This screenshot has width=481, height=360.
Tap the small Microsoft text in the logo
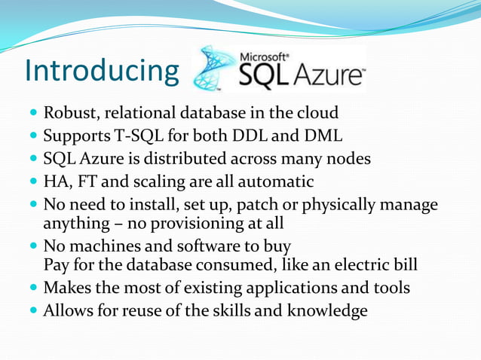click(263, 56)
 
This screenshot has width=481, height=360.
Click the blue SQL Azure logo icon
click(215, 69)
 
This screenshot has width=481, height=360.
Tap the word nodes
click(349, 159)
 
